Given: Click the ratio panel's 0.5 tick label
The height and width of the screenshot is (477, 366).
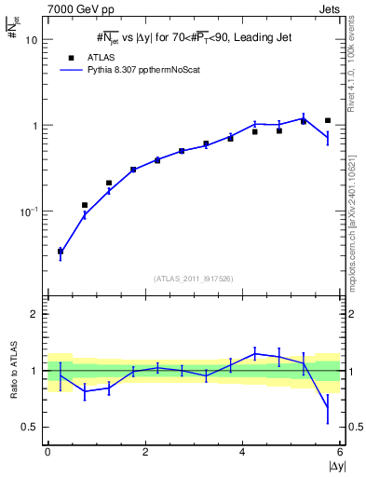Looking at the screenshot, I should coord(32,427).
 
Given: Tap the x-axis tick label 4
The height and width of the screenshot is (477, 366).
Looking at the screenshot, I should coord(242,452).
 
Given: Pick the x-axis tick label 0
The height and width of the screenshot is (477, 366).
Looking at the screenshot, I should coord(47,452).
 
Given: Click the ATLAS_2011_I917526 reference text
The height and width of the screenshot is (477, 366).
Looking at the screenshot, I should coord(194,279).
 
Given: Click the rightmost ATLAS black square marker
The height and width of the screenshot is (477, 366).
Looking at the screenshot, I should coord(328,120).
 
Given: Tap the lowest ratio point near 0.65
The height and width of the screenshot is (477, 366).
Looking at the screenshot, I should coord(328,407).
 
